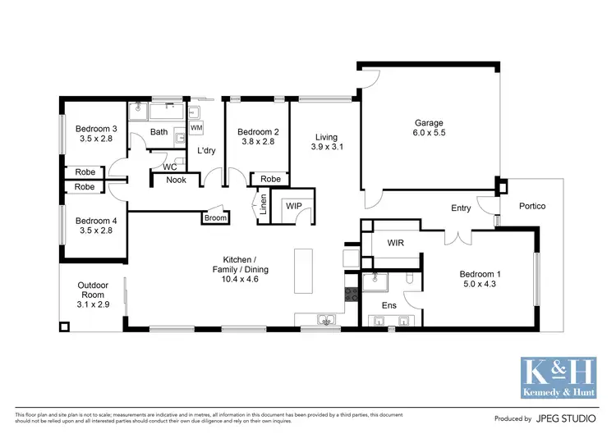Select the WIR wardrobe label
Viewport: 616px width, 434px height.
[396, 244]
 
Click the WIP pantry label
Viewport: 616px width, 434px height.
[293, 207]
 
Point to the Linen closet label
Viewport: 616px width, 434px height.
[263, 204]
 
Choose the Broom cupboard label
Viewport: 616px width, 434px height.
[216, 218]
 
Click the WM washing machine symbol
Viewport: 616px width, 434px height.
[196, 129]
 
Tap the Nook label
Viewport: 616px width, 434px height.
[176, 180]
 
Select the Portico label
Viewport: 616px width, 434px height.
[531, 206]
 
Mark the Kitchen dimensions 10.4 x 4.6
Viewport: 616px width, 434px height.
[240, 279]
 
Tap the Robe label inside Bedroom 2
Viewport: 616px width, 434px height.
[270, 179]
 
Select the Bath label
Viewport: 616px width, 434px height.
[159, 132]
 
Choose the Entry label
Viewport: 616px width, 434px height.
[461, 208]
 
